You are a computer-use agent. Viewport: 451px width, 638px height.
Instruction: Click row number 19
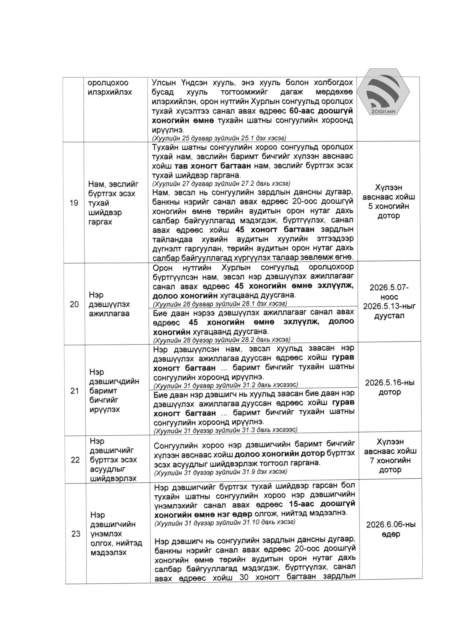[74, 203]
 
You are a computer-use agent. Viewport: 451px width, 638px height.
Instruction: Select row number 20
[74, 304]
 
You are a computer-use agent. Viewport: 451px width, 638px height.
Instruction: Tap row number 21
[75, 391]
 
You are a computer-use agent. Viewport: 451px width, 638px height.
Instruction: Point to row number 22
[75, 460]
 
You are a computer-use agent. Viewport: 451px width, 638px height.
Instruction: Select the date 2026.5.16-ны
[390, 383]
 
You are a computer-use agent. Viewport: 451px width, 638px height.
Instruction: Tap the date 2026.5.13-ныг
[389, 306]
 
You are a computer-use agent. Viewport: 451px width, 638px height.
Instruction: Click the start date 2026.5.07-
[389, 287]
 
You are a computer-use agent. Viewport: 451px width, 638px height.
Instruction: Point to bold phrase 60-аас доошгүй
[321, 111]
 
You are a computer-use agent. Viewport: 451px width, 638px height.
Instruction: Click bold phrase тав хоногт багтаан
[213, 166]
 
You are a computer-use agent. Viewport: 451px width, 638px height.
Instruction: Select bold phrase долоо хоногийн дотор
[280, 454]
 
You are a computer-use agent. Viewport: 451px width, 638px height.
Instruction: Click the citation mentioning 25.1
[219, 138]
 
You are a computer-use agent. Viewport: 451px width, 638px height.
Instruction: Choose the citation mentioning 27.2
[221, 183]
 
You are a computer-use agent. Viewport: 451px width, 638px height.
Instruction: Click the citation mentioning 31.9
[220, 471]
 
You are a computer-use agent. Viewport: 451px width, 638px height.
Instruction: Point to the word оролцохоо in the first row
[108, 83]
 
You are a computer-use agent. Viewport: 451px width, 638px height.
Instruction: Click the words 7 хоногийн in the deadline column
[390, 461]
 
